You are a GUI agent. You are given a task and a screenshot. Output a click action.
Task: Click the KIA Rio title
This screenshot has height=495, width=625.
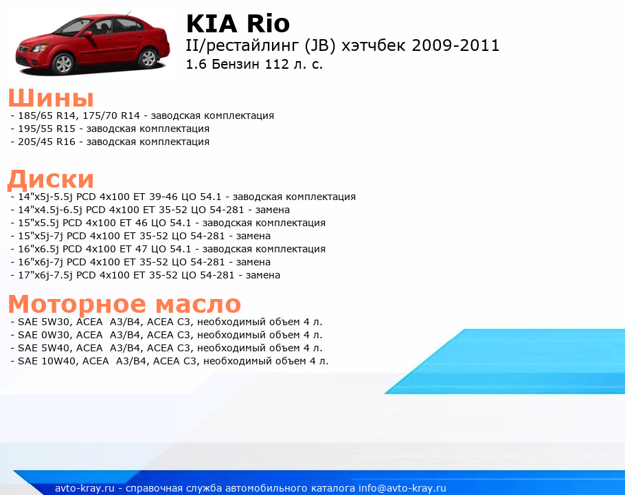click(x=238, y=23)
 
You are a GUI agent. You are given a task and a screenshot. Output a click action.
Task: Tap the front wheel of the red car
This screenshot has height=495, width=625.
click(x=63, y=64)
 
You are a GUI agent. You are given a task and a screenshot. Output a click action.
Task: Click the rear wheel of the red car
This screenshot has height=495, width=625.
click(x=148, y=58)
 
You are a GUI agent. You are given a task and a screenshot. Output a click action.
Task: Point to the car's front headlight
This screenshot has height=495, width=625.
click(x=38, y=48)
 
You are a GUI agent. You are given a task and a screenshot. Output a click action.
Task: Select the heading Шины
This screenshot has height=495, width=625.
click(x=51, y=98)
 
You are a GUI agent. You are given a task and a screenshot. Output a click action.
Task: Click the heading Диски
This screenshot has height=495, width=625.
click(x=51, y=179)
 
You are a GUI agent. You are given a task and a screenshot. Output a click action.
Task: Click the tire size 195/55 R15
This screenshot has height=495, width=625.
click(x=47, y=129)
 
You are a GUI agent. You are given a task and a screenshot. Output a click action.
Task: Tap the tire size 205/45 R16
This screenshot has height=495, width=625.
click(x=47, y=142)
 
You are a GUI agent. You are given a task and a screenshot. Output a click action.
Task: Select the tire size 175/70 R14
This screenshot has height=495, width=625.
click(x=111, y=115)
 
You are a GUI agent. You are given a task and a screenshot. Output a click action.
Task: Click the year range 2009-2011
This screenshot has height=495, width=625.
click(x=455, y=45)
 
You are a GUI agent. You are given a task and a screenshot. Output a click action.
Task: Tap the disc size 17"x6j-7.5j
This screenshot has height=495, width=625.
click(x=45, y=275)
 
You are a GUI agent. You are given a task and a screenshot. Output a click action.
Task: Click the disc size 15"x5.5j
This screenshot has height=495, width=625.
click(x=38, y=223)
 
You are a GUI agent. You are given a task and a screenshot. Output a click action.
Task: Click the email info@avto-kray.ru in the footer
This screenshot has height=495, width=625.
click(x=402, y=488)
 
